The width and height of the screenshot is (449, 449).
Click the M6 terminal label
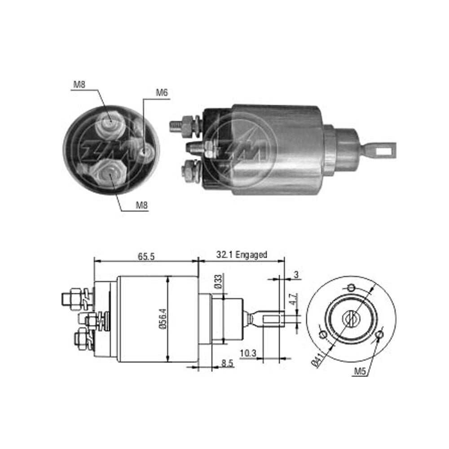coord(162,93)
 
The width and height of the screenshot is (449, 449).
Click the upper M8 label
coord(79,84)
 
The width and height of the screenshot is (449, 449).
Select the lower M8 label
coord(141,205)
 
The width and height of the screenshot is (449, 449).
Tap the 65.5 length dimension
coord(146,256)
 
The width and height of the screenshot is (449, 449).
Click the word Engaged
coord(251,255)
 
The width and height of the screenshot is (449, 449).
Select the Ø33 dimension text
coord(218,282)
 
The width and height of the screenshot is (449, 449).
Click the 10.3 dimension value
coord(248,353)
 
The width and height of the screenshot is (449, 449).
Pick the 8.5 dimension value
coord(227,363)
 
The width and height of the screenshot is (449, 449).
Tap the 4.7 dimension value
coord(293,299)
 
